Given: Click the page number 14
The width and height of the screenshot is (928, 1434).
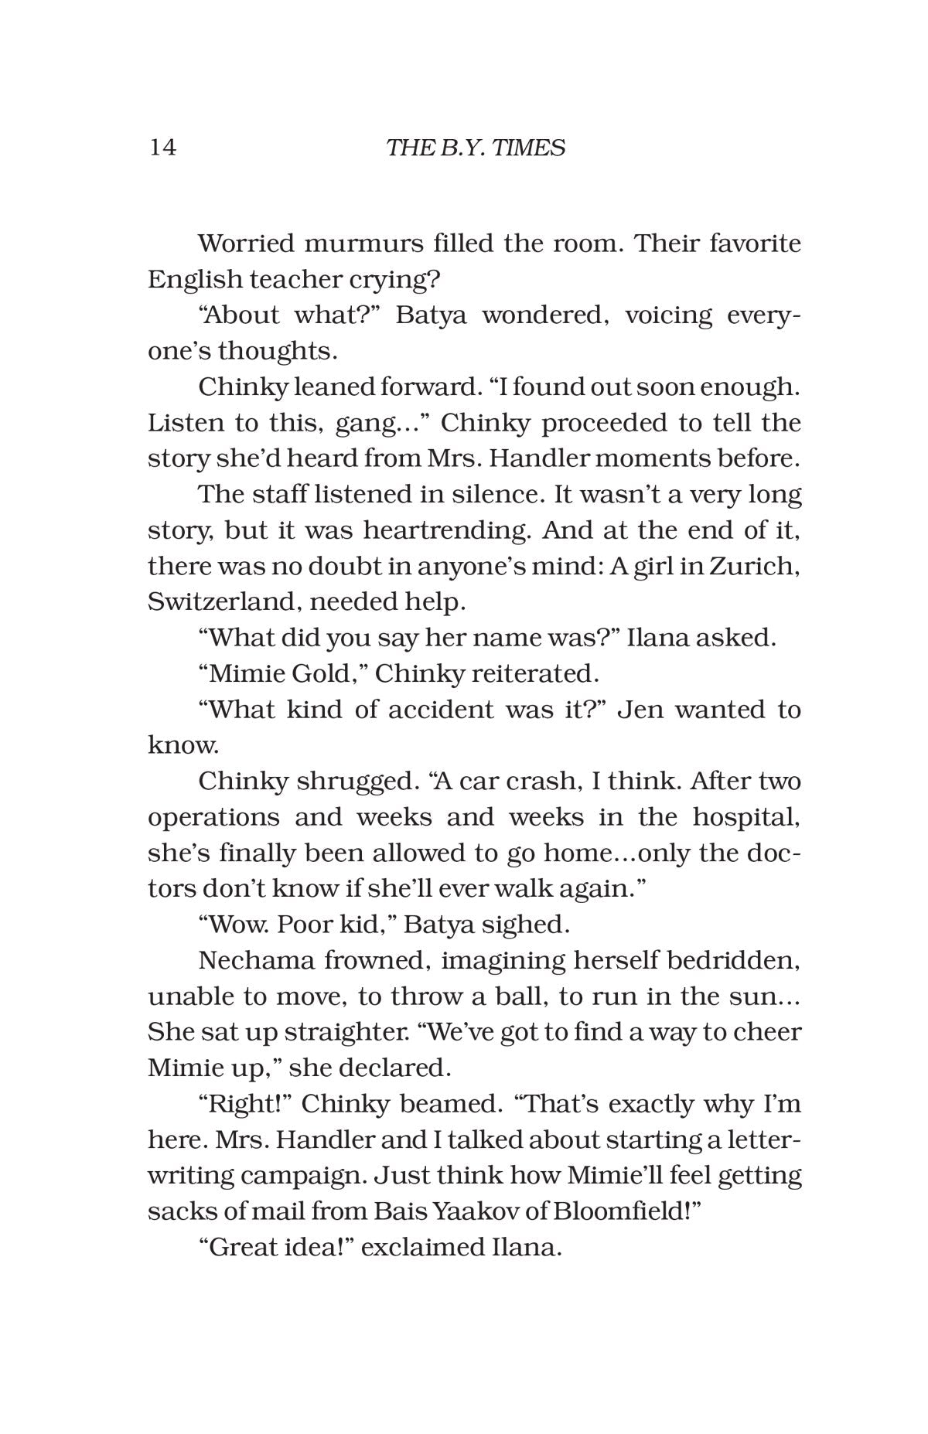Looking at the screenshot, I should [x=162, y=147].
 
